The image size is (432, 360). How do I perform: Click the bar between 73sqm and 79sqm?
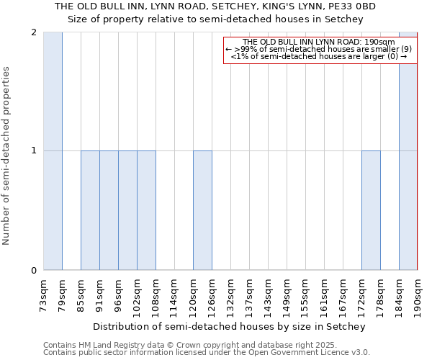[53, 151]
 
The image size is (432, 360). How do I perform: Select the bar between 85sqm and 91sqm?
[90, 210]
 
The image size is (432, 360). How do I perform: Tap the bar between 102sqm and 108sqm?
[146, 210]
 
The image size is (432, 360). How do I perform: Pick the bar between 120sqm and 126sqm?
[202, 210]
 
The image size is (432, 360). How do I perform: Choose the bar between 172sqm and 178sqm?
[371, 210]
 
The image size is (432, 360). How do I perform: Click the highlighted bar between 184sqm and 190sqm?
[408, 151]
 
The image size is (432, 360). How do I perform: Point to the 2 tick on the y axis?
[34, 32]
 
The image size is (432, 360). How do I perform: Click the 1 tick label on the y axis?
[34, 150]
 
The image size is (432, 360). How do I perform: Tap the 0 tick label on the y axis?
[34, 270]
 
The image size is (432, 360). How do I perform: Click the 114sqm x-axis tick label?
[174, 294]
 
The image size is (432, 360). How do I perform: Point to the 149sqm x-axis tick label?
[287, 294]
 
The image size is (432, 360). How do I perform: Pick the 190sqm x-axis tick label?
[418, 294]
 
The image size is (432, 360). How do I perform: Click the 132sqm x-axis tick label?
[230, 294]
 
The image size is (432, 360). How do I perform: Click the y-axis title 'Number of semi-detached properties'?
[7, 156]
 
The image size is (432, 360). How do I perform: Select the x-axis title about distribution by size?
[230, 326]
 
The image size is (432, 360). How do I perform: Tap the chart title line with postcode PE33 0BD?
[215, 6]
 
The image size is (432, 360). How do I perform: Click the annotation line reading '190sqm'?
[319, 42]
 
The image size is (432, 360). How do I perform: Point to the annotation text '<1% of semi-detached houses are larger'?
[319, 56]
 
